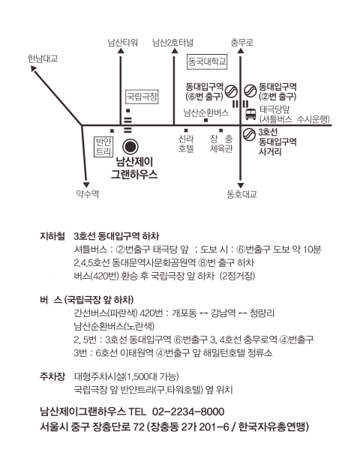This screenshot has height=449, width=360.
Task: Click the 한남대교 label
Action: (x=43, y=58)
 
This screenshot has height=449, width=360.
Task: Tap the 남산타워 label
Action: (x=123, y=43)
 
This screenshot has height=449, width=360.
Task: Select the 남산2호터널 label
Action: (x=172, y=43)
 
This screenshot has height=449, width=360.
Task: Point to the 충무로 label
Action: (x=242, y=43)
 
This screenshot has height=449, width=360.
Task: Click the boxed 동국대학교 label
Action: (x=207, y=61)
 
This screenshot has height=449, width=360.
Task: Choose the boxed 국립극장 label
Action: (x=142, y=97)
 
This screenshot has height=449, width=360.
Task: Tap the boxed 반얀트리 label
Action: (x=103, y=147)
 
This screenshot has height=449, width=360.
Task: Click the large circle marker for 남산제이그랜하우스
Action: (x=130, y=147)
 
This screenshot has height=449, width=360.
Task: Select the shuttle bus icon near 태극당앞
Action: (x=250, y=114)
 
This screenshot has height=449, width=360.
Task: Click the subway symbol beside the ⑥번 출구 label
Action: (x=231, y=91)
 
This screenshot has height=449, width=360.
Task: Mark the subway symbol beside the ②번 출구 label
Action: (x=250, y=91)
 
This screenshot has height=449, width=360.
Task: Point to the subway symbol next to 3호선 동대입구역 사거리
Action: (x=249, y=134)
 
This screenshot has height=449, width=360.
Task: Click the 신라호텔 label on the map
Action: (x=186, y=144)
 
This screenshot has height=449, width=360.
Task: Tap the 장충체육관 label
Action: (x=221, y=144)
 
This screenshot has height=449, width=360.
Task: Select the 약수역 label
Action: (x=88, y=194)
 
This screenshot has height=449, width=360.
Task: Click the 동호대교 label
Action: (x=242, y=194)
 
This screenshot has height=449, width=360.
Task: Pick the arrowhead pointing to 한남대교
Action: (x=34, y=69)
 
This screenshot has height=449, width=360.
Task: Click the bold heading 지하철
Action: (x=52, y=236)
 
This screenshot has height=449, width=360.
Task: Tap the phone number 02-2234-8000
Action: (x=188, y=412)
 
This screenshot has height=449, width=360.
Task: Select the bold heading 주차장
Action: (x=52, y=376)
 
